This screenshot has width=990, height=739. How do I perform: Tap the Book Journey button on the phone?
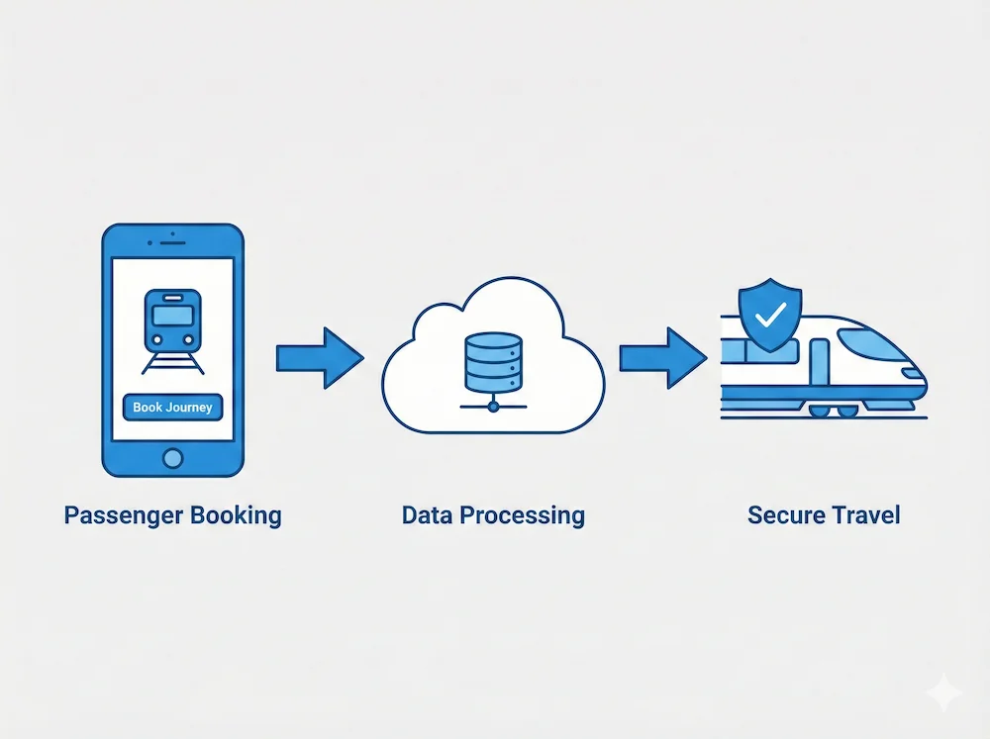click(172, 408)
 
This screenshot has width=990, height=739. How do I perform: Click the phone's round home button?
click(172, 457)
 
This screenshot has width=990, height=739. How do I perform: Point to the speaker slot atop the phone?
click(172, 240)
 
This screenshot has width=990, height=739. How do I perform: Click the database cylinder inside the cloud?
click(490, 359)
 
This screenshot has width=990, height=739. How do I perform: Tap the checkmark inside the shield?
click(771, 315)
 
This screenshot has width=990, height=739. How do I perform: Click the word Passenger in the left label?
click(126, 515)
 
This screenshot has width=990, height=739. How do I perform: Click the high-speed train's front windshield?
click(871, 342)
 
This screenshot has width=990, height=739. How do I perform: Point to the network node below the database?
click(490, 406)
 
